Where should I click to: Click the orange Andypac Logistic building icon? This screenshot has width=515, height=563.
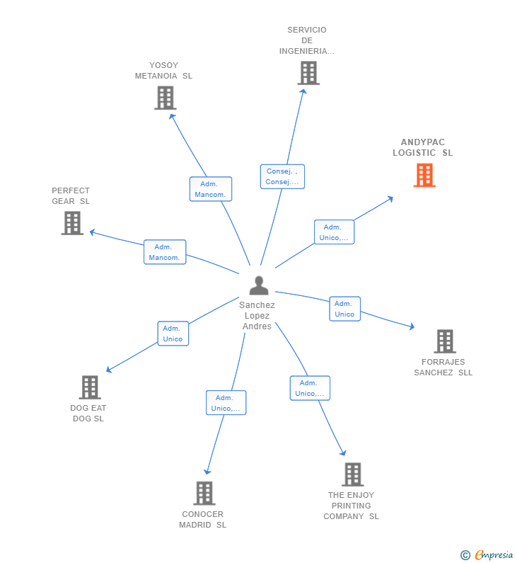click(424, 175)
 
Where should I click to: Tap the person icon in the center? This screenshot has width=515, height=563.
click(259, 285)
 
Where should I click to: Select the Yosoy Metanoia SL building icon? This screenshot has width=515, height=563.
click(165, 98)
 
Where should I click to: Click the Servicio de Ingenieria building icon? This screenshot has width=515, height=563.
click(308, 73)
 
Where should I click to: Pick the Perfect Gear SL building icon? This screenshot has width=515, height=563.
click(72, 223)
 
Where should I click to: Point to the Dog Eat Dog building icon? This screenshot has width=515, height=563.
click(90, 387)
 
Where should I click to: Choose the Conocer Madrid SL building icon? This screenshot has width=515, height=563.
click(204, 493)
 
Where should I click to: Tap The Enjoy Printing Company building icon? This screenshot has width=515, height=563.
click(352, 474)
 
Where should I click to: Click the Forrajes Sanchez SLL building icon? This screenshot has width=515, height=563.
click(444, 341)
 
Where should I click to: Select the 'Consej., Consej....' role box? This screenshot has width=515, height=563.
click(282, 176)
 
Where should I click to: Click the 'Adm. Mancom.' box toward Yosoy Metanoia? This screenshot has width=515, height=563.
click(211, 189)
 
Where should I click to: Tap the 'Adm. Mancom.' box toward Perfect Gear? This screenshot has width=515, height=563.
click(165, 252)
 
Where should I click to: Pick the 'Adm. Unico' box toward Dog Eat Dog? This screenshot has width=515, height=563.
click(173, 334)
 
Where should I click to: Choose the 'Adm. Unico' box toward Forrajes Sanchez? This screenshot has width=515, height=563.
click(345, 309)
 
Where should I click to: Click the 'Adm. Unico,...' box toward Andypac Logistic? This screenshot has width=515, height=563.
click(334, 232)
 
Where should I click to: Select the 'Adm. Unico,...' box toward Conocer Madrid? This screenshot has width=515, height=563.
click(226, 403)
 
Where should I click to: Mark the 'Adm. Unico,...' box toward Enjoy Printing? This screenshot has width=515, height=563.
click(310, 388)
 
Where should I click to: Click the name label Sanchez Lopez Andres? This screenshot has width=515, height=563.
click(257, 316)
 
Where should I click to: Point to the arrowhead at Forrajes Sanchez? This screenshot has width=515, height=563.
click(411, 326)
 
